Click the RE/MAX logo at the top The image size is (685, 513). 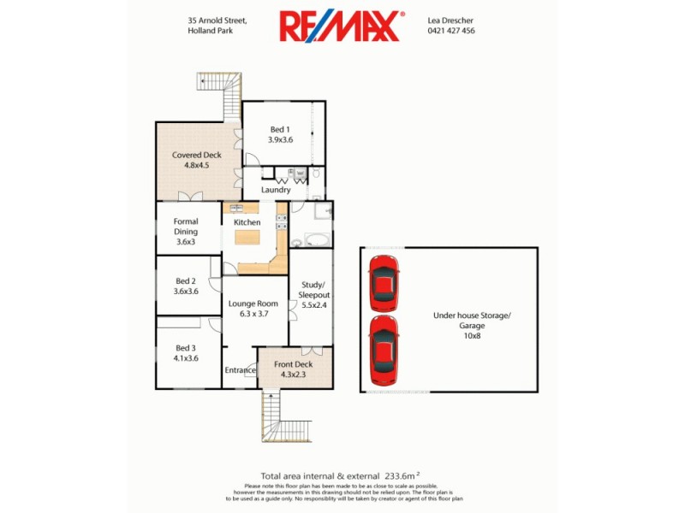341,26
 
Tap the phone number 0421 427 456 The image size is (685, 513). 450,31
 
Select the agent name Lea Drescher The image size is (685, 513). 450,19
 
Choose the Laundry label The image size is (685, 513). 276,190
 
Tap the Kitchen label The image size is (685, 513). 247,222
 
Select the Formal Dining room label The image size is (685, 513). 186,231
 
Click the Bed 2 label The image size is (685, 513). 187,286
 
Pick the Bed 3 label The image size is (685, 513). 187,353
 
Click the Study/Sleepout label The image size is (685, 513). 309,293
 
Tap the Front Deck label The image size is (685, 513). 294,369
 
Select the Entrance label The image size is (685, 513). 241,370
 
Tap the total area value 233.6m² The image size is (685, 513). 401,476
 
